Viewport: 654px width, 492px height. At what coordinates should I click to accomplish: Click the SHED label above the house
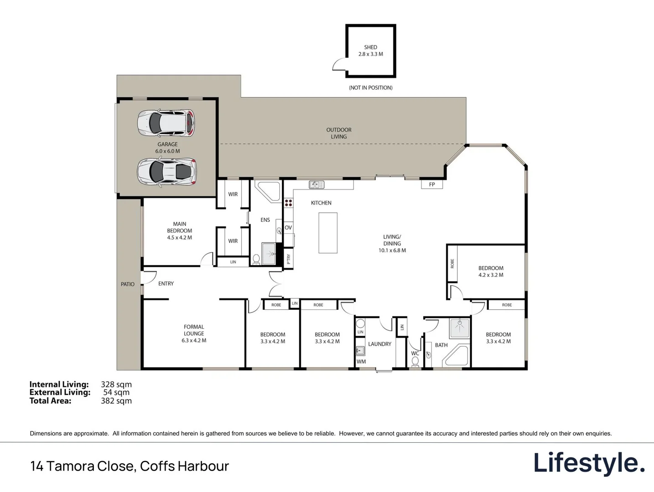point(370,47)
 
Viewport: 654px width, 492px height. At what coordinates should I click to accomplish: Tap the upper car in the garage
point(166,122)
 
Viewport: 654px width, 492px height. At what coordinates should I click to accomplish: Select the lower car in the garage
point(167,171)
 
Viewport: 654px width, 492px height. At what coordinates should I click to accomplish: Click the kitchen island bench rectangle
point(327,233)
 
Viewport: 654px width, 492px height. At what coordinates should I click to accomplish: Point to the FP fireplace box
point(432,184)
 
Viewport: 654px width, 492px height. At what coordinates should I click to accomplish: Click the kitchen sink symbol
point(317,184)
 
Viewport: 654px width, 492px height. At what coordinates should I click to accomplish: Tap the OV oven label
point(288,227)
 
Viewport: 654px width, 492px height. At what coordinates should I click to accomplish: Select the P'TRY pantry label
point(288,259)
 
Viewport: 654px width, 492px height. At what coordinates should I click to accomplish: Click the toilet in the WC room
point(415,362)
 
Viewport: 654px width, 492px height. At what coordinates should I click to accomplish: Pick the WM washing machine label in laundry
point(361,362)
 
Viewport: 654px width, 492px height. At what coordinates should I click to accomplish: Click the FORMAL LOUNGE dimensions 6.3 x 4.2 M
point(194,340)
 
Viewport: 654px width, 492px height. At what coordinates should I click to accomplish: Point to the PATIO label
point(128,284)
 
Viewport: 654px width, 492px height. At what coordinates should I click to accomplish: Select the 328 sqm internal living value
point(116,384)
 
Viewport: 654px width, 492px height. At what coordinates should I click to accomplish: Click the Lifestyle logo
point(589,463)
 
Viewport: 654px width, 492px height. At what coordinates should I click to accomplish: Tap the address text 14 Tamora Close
point(82,466)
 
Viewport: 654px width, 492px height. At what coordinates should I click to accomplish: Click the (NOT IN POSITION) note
point(370,87)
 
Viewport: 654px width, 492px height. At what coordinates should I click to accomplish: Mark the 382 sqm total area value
point(116,401)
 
